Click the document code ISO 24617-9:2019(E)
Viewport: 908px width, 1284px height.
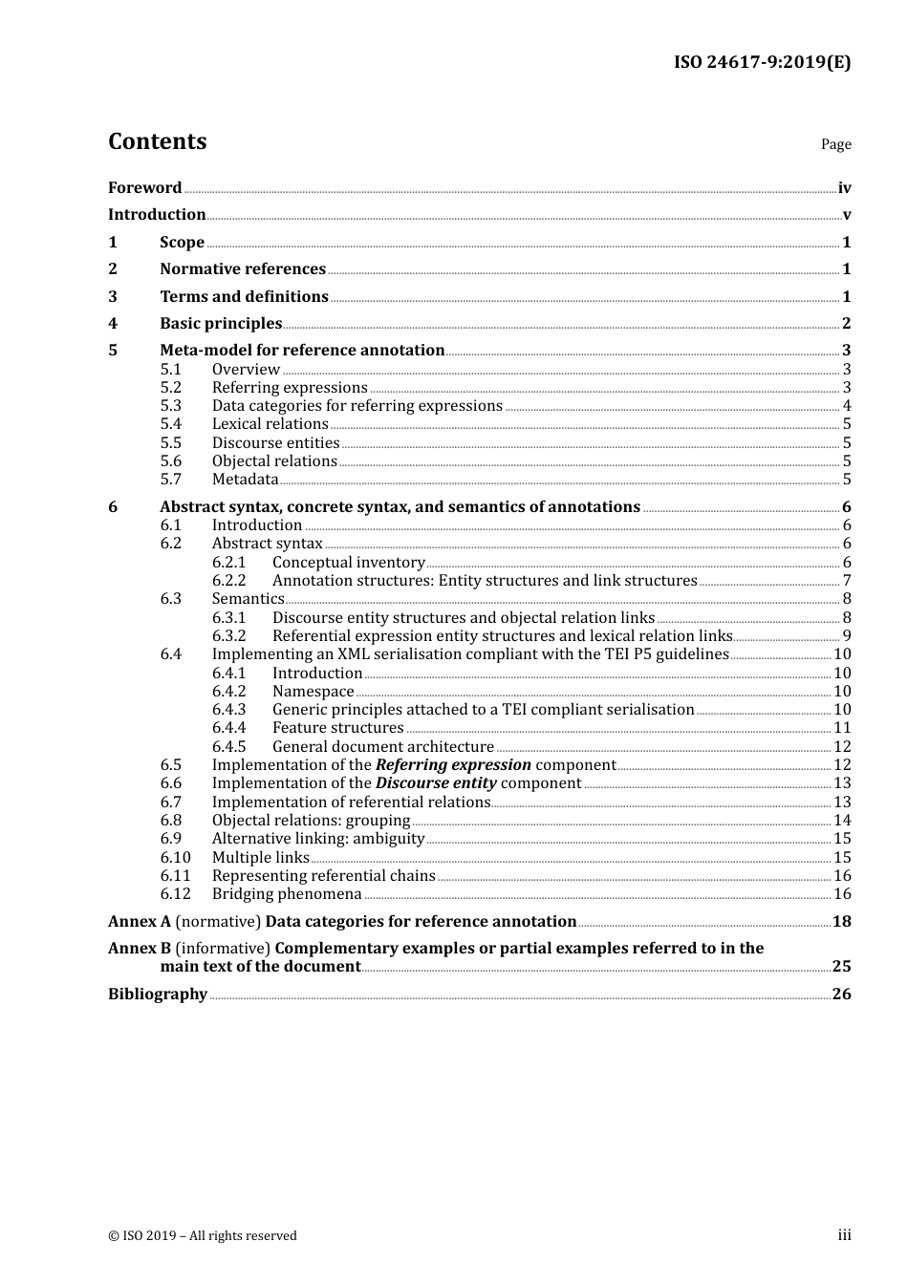(762, 62)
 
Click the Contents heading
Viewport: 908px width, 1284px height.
(157, 141)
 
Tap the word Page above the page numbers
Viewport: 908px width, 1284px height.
(835, 144)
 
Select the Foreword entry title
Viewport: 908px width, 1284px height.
(144, 188)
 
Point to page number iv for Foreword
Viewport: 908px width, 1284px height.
(844, 188)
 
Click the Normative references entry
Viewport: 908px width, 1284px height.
(243, 269)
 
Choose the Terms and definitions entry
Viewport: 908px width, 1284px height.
(244, 297)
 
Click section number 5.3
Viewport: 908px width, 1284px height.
(170, 406)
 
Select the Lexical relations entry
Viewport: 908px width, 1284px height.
(270, 424)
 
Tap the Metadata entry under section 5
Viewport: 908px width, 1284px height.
(245, 480)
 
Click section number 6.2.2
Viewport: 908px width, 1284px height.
(228, 581)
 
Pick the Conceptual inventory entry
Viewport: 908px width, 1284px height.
(348, 563)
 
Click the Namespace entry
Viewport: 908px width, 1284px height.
(313, 692)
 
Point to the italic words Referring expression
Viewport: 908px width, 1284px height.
(453, 765)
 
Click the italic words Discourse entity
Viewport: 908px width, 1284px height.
(436, 783)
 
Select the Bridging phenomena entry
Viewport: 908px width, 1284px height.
(287, 894)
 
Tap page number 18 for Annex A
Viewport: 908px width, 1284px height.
(841, 922)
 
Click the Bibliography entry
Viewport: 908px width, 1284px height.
(158, 995)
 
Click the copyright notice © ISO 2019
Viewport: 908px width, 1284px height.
(202, 1235)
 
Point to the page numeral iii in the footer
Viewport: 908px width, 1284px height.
(844, 1235)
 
